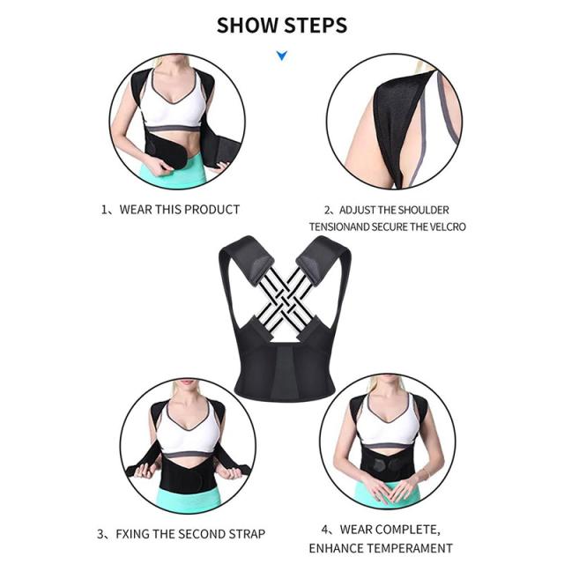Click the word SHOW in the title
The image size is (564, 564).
point(248,26)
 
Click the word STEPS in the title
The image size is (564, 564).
point(315,26)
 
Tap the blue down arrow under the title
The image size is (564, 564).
point(282,56)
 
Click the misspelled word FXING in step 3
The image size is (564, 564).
point(132,534)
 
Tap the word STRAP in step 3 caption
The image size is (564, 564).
point(245,534)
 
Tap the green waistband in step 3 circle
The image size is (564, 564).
point(187,501)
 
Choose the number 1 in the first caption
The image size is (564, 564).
point(104,210)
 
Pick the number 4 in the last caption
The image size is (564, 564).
point(325,530)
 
